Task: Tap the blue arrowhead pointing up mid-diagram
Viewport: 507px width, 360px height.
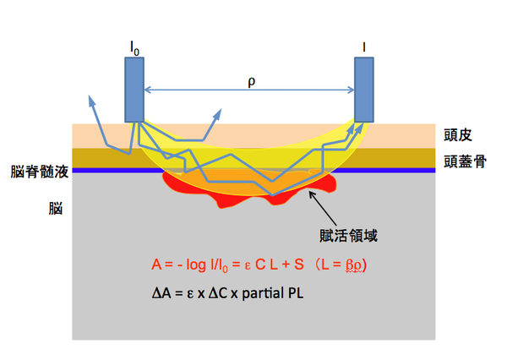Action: pyautogui.click(x=221, y=111)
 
